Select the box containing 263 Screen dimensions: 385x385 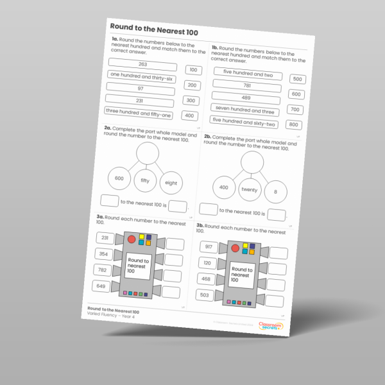[142, 65]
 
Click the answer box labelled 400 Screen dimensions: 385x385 [189, 116]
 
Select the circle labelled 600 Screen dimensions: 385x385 [119, 178]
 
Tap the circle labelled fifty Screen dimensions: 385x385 [145, 181]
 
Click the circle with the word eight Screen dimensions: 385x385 [171, 184]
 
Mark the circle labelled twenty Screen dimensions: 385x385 [249, 190]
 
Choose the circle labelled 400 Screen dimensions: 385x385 [223, 187]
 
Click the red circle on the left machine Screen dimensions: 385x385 [132, 239]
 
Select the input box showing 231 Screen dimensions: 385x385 [105, 239]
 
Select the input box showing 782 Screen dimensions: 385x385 [102, 270]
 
